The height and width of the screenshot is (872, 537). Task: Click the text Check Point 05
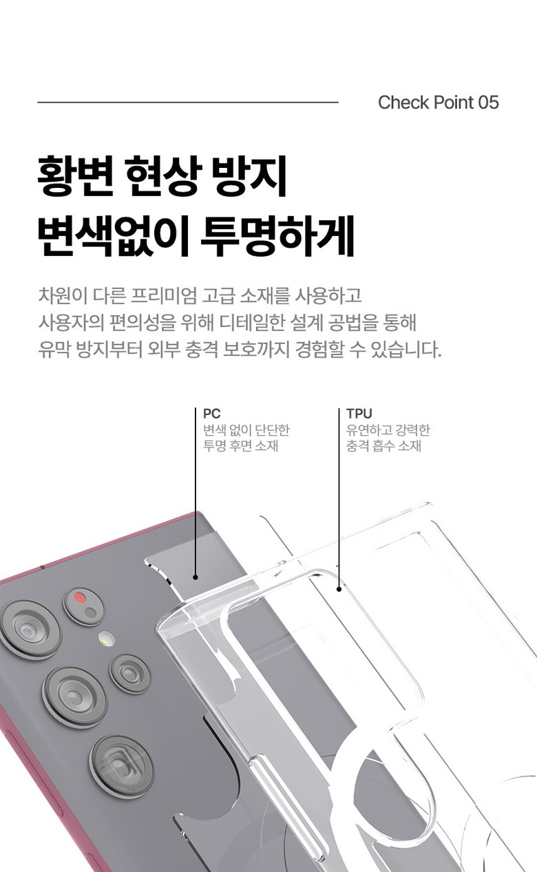click(x=438, y=103)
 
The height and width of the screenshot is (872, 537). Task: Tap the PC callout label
click(x=212, y=414)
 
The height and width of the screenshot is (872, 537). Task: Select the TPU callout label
click(x=359, y=414)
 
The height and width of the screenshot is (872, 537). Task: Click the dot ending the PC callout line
click(x=196, y=577)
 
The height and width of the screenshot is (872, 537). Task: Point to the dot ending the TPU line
click(x=339, y=589)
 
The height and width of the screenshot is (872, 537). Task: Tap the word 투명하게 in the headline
click(x=277, y=236)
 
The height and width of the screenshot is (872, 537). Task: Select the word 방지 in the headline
click(x=249, y=176)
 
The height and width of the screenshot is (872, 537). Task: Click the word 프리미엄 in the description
click(x=163, y=295)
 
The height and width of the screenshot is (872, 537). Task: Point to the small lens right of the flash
click(x=129, y=674)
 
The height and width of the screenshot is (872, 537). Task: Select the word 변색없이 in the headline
click(x=113, y=236)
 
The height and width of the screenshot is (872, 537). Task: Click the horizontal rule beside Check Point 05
click(x=188, y=103)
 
